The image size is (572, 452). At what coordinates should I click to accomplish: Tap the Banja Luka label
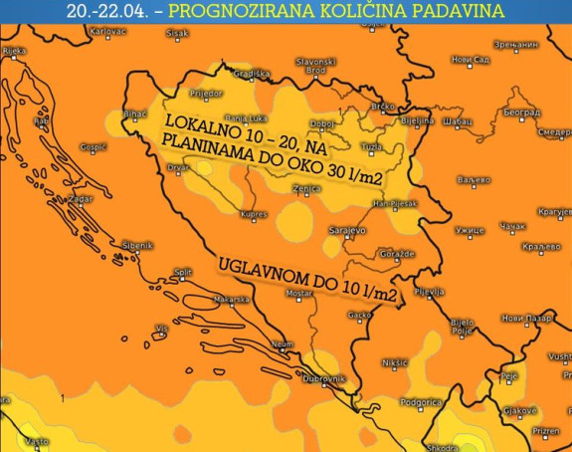pyautogui.click(x=242, y=116)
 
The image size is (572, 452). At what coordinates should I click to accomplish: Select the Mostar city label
pyautogui.click(x=299, y=294)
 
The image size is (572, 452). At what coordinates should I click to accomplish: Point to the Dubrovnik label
pyautogui.click(x=324, y=379)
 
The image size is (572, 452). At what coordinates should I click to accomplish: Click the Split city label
pyautogui.click(x=182, y=271)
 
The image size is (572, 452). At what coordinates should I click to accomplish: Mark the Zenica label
pyautogui.click(x=304, y=187)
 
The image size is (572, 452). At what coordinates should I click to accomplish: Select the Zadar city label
pyautogui.click(x=80, y=199)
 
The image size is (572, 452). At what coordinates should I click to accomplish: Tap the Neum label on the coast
pyautogui.click(x=284, y=343)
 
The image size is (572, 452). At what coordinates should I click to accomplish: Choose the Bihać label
pyautogui.click(x=134, y=114)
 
